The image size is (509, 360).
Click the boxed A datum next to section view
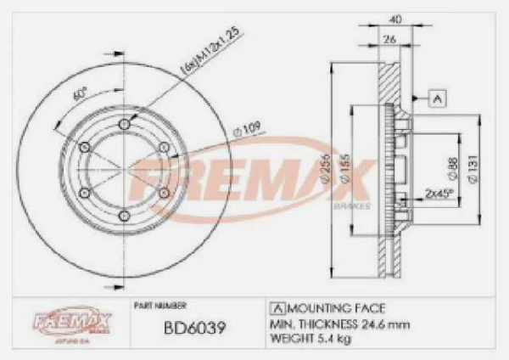point(438,98)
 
